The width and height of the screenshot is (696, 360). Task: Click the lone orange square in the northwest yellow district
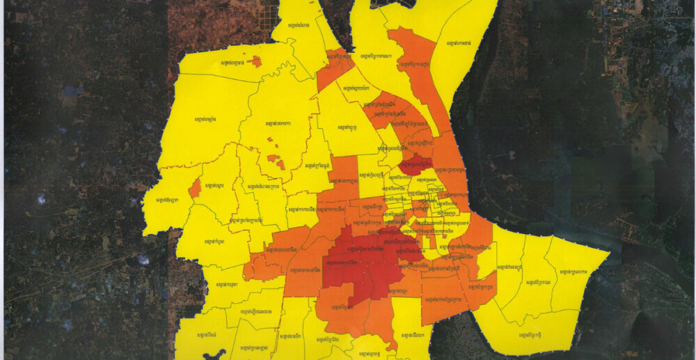coord(257,61)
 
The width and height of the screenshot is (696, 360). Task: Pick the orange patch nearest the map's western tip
coord(195,188)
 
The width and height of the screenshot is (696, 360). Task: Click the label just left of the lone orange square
coord(234,63)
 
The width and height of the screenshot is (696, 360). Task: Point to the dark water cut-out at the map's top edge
coord(394,3)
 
